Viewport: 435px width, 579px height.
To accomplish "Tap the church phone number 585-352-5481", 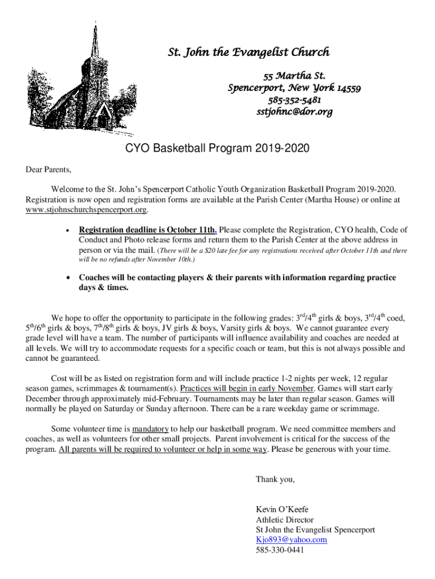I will point(294,100).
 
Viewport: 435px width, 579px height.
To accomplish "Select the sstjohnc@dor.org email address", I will point(294,111).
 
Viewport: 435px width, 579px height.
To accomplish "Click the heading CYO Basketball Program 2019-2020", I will point(217,149).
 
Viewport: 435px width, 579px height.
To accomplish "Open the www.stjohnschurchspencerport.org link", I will point(87,210).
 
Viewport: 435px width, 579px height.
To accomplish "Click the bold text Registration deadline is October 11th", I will point(147,230).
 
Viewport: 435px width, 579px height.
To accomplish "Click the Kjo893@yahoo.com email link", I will point(292,539).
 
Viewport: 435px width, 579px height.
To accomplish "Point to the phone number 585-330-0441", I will point(280,550).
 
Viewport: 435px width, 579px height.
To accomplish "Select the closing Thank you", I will point(275,479).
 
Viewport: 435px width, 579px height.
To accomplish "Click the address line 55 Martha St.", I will point(294,76).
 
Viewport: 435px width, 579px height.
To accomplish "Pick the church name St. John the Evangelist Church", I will point(249,53).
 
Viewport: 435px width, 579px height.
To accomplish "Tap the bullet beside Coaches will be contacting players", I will point(68,278).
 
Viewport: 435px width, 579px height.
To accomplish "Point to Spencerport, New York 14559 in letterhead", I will point(294,88).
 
